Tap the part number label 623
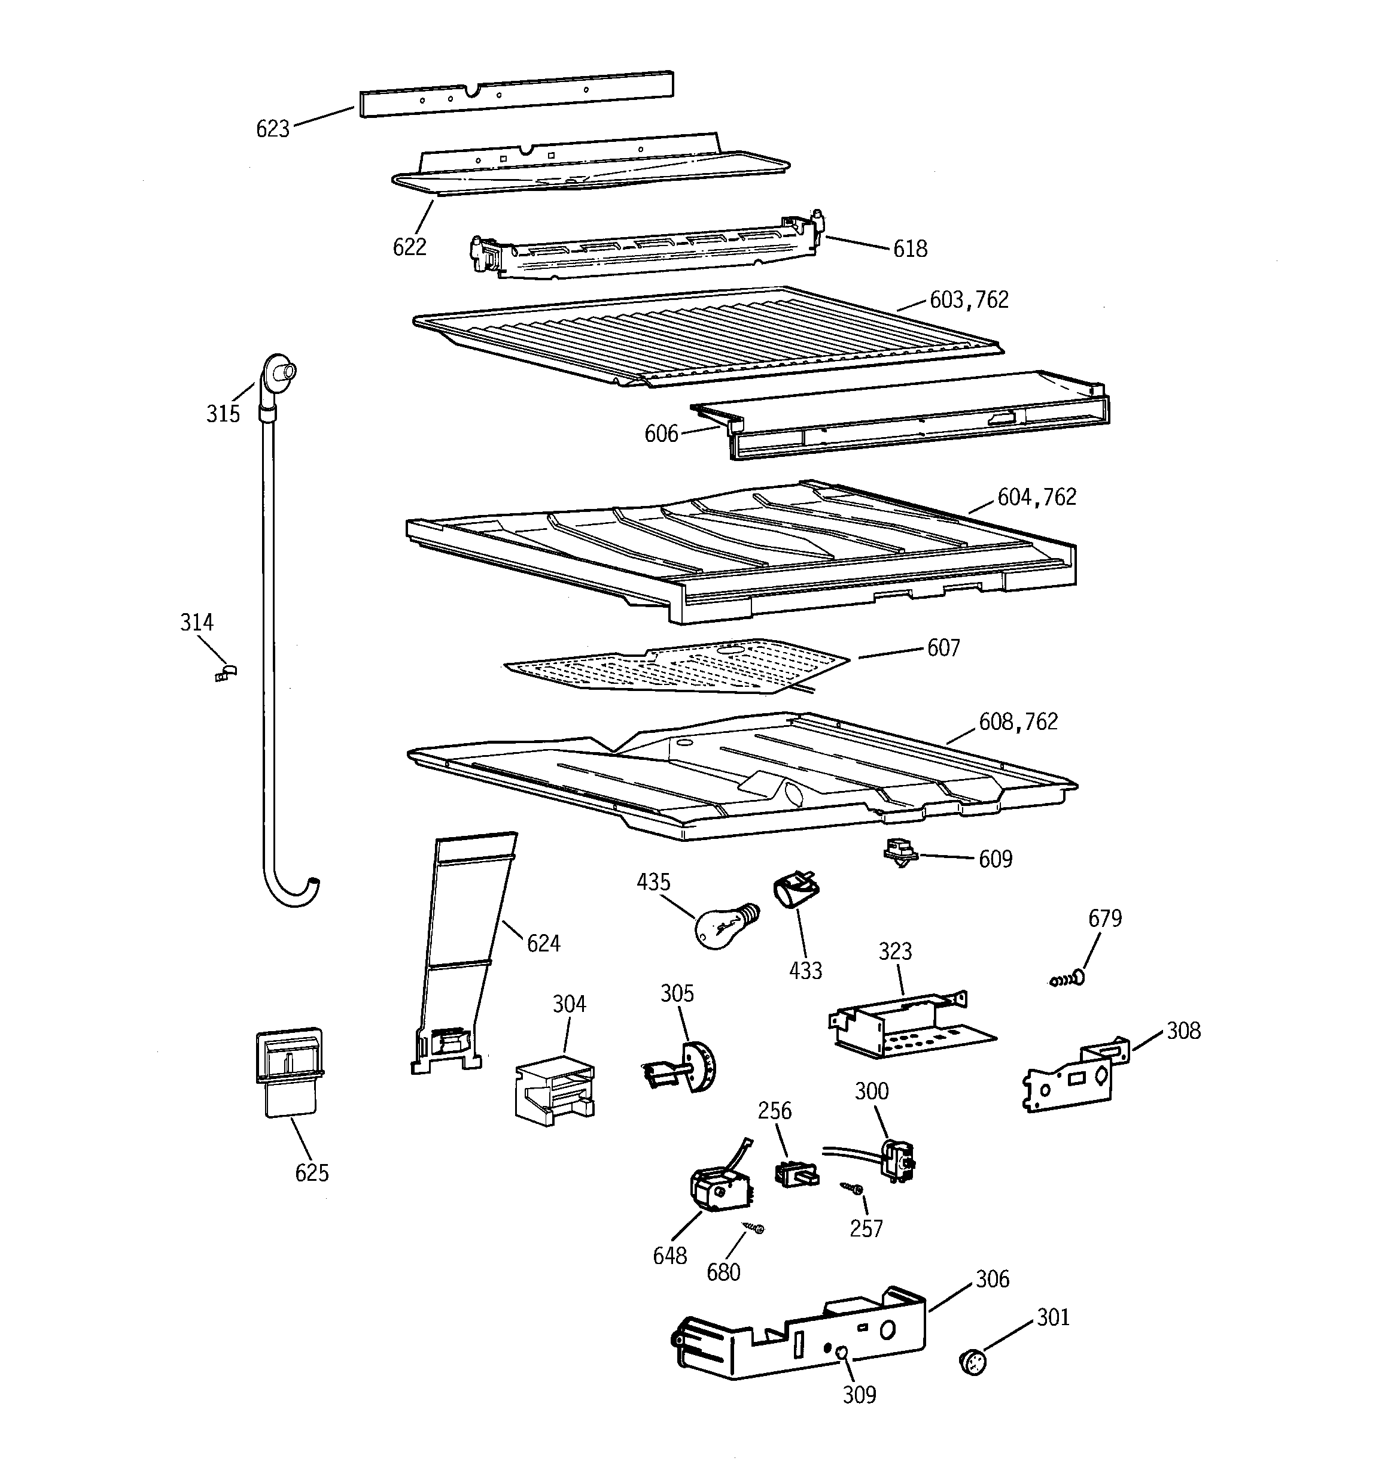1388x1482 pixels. tap(272, 129)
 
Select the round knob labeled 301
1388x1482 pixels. tap(972, 1363)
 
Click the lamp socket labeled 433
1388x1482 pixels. tap(796, 890)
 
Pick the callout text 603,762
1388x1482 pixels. tap(969, 299)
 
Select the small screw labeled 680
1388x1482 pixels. tap(753, 1227)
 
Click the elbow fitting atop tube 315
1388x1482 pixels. tap(276, 371)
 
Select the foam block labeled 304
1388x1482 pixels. tap(553, 1090)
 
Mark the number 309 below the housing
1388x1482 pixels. tap(859, 1395)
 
